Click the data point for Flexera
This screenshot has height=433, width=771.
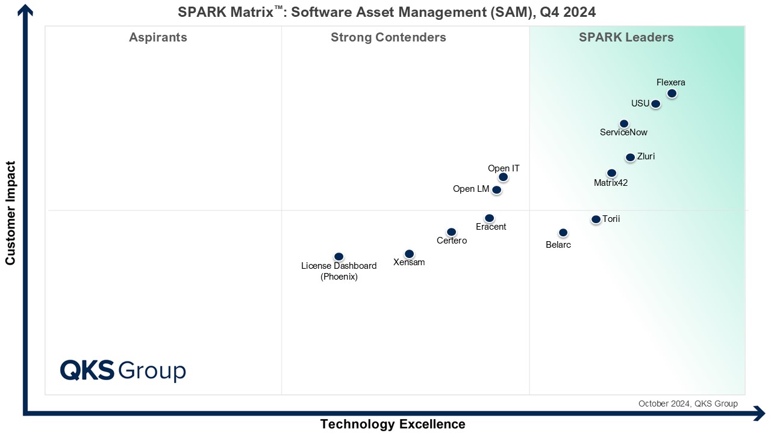(x=672, y=93)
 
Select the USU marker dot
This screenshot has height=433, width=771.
(x=655, y=104)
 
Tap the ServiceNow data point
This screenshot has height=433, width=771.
(x=624, y=124)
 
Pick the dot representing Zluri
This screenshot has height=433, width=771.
(x=630, y=158)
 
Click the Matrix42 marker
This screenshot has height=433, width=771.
(x=611, y=173)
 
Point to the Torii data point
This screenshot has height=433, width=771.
(x=596, y=220)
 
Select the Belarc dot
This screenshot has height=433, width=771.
(x=563, y=233)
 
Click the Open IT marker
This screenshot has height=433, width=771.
(x=503, y=177)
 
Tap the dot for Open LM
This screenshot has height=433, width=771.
(x=496, y=190)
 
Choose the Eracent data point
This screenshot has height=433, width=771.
(x=489, y=218)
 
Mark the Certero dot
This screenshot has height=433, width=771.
(x=451, y=232)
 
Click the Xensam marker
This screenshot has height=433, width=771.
(x=409, y=254)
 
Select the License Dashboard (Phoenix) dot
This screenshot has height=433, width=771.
(x=339, y=257)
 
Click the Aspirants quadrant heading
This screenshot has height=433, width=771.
(x=158, y=37)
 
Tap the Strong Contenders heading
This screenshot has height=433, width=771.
(x=389, y=37)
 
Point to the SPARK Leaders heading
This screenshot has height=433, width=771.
(x=626, y=37)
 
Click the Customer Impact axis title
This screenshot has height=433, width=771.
(x=10, y=213)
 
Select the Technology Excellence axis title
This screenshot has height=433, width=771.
(x=393, y=424)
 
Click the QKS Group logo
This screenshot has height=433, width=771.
(x=123, y=370)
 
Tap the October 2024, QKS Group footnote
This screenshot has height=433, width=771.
(x=688, y=404)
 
